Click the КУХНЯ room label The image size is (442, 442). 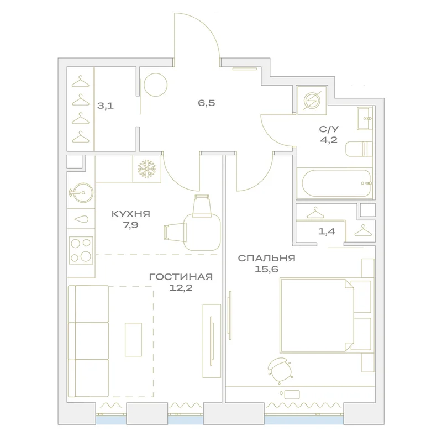pyautogui.click(x=131, y=214)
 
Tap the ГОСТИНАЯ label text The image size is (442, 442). pyautogui.click(x=181, y=277)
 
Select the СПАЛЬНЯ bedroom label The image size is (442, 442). pyautogui.click(x=266, y=258)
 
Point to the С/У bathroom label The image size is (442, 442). pyautogui.click(x=329, y=129)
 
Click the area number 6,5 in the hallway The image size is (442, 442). pyautogui.click(x=206, y=103)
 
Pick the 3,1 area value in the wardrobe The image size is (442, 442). pyautogui.click(x=106, y=106)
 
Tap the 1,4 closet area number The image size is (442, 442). pyautogui.click(x=327, y=231)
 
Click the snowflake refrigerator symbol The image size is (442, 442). pyautogui.click(x=147, y=169)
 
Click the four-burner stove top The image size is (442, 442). pyautogui.click(x=81, y=250)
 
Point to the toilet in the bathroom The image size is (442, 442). pyautogui.click(x=359, y=149)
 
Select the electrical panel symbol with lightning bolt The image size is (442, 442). pyautogui.click(x=312, y=101)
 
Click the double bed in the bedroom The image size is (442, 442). pyautogui.click(x=325, y=315)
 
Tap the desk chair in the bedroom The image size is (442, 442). pyautogui.click(x=279, y=369)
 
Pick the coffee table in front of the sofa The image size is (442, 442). pyautogui.click(x=133, y=339)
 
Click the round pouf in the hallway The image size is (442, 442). pyautogui.click(x=156, y=85)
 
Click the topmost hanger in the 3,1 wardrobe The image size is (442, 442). pyautogui.click(x=80, y=82)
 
